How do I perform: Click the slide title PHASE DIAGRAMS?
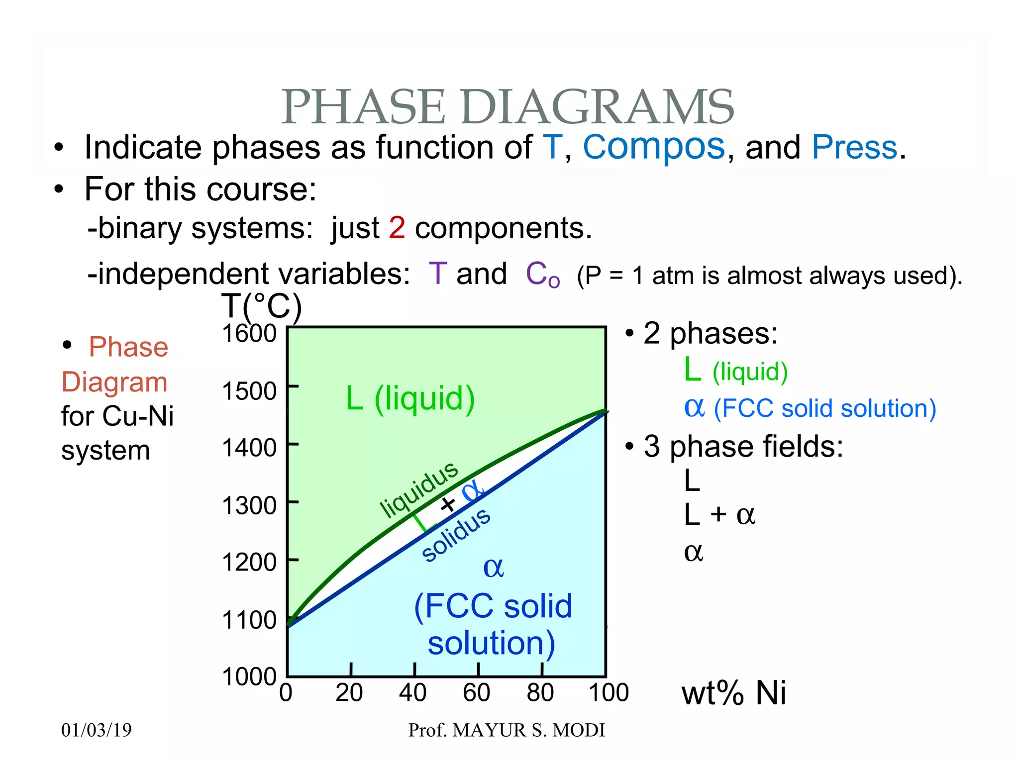[508, 107]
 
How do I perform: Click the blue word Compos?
[654, 147]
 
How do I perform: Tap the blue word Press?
[854, 147]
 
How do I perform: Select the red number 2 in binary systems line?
[397, 228]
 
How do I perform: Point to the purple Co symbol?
[542, 275]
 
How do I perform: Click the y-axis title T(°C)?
[262, 306]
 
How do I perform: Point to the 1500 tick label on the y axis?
[249, 391]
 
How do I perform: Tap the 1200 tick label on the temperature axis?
[249, 563]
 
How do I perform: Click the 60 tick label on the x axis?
[476, 692]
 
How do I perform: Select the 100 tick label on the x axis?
[609, 692]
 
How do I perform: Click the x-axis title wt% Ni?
[733, 693]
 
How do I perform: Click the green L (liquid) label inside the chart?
[410, 398]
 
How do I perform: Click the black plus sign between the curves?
[448, 504]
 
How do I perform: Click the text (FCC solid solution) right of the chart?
[824, 409]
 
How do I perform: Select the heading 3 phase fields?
[743, 446]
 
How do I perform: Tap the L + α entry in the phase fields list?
[719, 515]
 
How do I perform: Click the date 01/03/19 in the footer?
[97, 730]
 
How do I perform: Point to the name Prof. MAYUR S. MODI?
[507, 730]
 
